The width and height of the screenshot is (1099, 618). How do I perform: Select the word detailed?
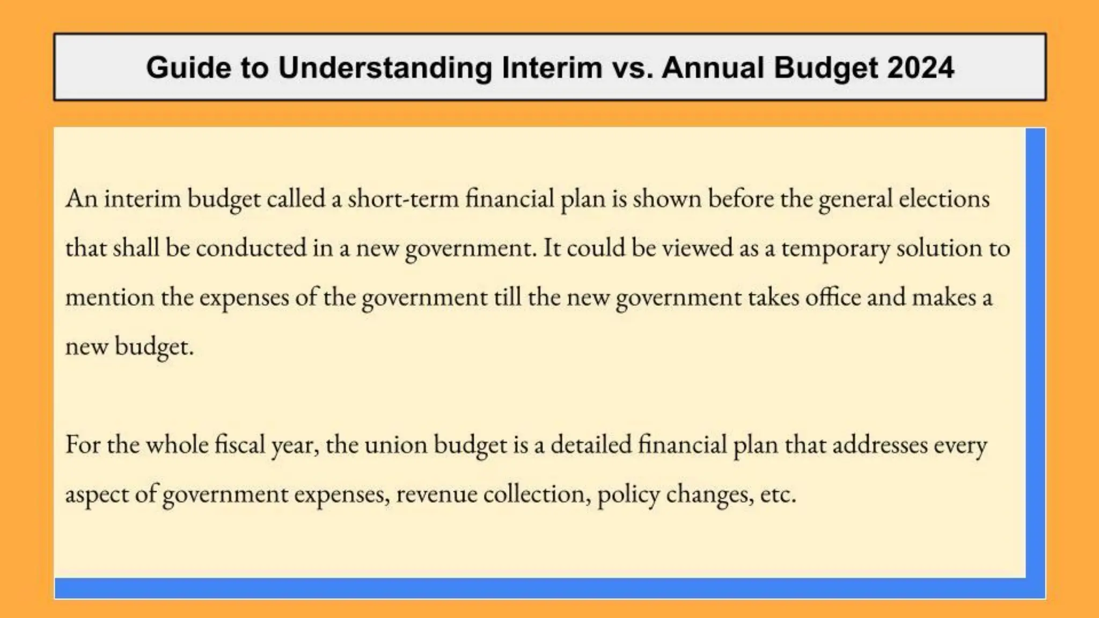591,445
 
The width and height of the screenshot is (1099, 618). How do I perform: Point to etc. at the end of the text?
778,495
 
